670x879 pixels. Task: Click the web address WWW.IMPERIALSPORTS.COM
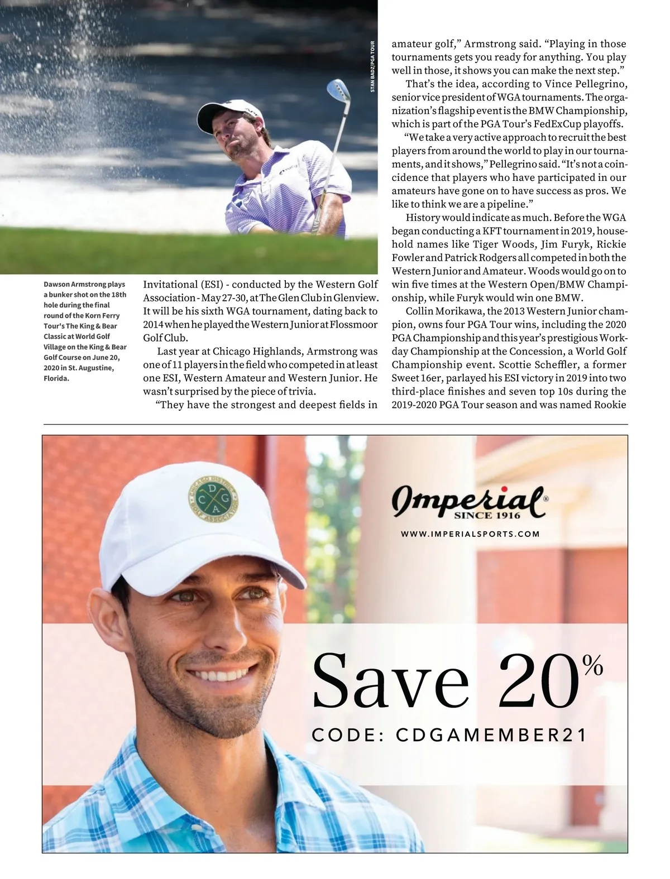[x=470, y=534]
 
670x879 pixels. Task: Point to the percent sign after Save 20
[x=592, y=665]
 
